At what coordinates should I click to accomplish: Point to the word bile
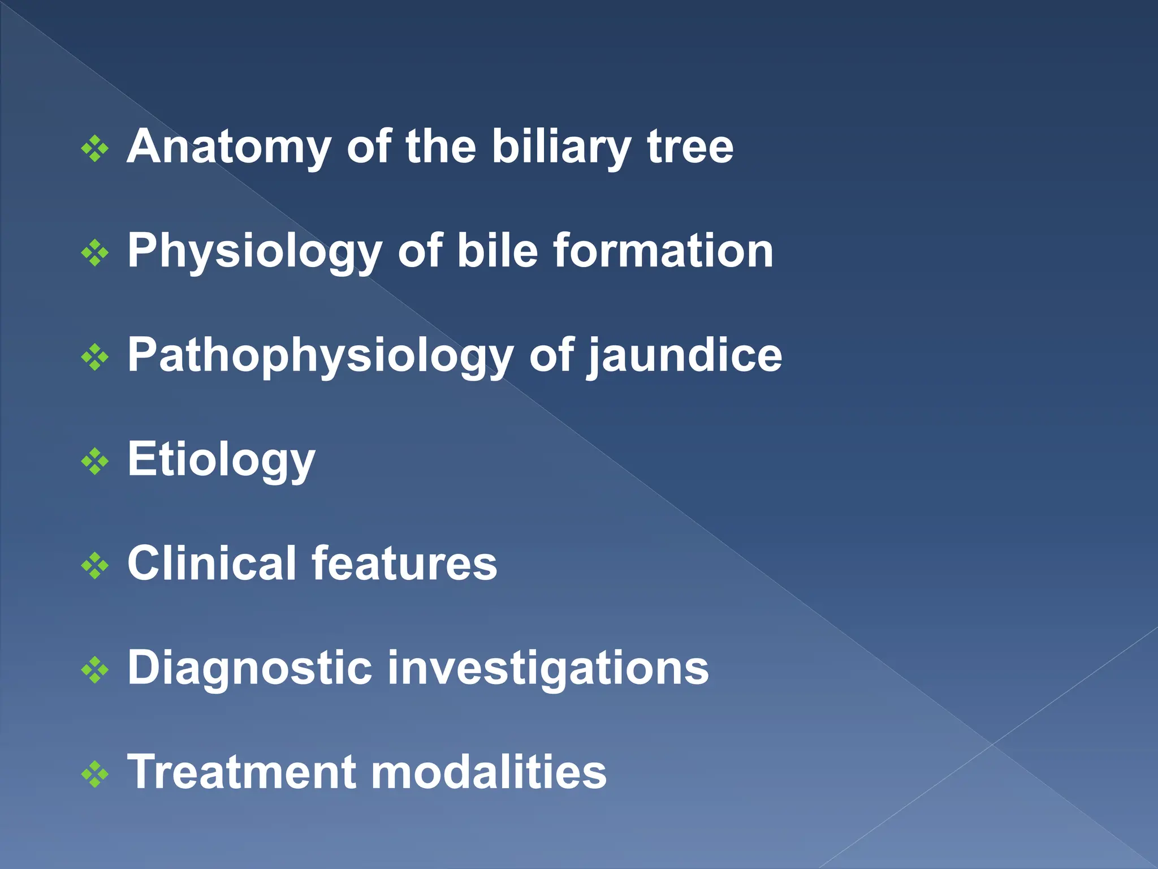(x=497, y=251)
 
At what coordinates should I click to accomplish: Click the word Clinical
(x=211, y=564)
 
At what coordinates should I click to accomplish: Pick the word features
(x=404, y=564)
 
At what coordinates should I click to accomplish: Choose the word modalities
(x=489, y=773)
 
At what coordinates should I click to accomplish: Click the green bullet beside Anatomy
(x=95, y=149)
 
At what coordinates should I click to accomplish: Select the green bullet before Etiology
(x=95, y=462)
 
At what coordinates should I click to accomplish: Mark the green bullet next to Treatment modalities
(x=95, y=775)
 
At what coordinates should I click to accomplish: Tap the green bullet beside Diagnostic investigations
(x=95, y=670)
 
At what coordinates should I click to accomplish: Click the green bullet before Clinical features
(x=95, y=566)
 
